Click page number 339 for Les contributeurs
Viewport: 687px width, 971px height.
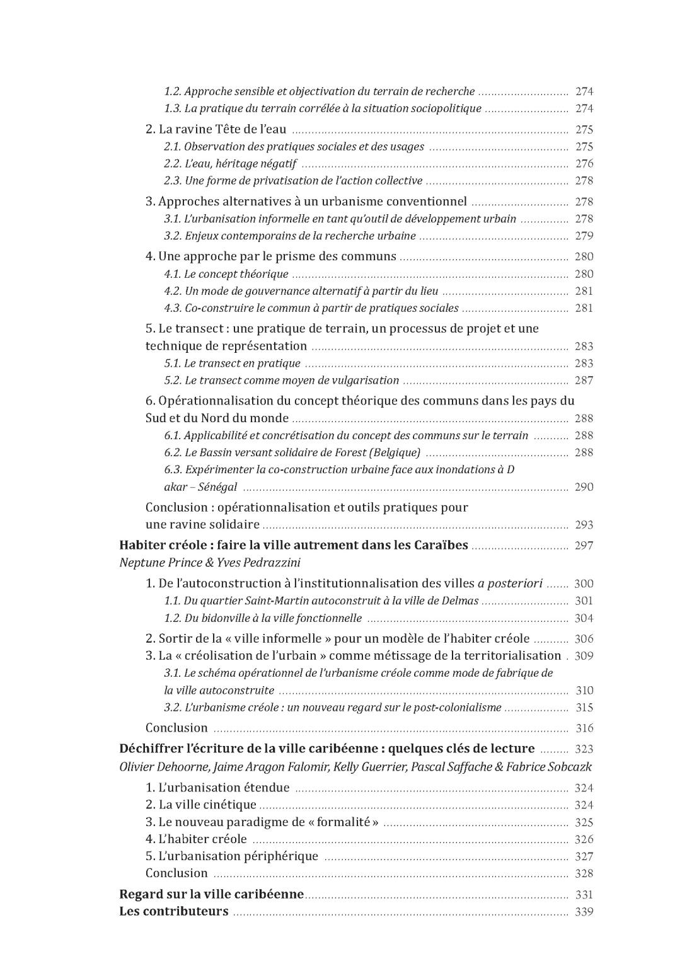(x=584, y=912)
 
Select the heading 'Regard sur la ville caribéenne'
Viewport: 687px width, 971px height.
(x=211, y=895)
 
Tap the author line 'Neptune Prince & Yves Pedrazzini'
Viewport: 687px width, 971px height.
(x=205, y=563)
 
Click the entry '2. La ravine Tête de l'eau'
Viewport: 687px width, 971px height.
(x=216, y=130)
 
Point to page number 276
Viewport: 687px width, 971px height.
(x=584, y=164)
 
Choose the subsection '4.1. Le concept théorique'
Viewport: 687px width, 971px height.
(x=226, y=274)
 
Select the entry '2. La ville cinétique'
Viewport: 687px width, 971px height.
(x=200, y=805)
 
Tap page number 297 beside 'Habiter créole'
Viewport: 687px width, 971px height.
(x=584, y=546)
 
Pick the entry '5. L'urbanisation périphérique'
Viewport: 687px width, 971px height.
(x=231, y=856)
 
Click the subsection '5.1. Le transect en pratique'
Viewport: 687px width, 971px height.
(x=232, y=364)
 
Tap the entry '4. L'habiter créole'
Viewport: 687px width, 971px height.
(x=196, y=839)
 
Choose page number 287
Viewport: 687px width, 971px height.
(x=584, y=381)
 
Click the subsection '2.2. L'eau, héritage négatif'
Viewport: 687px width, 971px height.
(x=230, y=164)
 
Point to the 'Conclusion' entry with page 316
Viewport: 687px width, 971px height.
(x=176, y=728)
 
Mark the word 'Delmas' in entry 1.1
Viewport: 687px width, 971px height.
(x=461, y=601)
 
